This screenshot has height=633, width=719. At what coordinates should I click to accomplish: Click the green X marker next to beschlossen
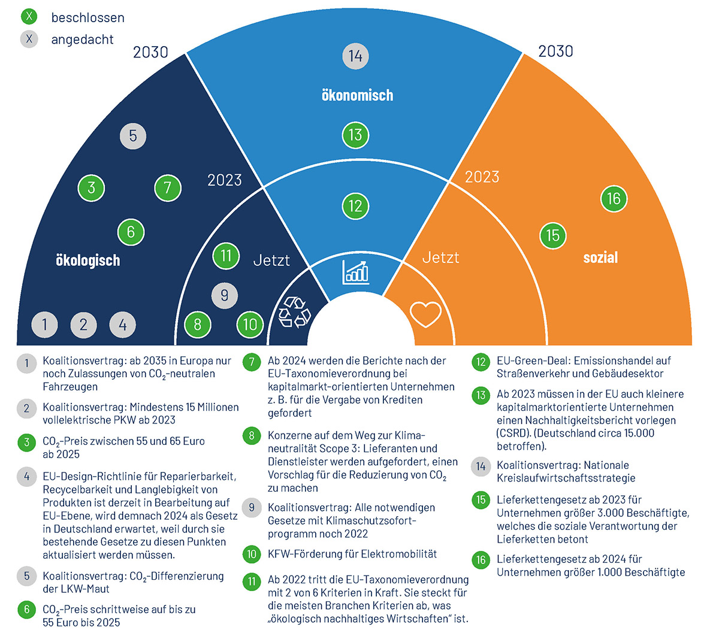[x=29, y=16]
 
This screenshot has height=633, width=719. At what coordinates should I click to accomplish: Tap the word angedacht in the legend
[x=82, y=40]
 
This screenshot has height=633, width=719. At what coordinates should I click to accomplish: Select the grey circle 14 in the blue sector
[x=355, y=56]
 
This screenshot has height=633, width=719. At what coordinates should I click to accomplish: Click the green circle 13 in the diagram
[x=355, y=135]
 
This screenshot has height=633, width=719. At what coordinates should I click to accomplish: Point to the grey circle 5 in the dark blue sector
[x=133, y=136]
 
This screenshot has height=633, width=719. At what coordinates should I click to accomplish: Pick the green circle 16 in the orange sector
[x=614, y=199]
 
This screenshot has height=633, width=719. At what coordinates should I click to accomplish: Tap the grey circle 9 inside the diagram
[x=224, y=295]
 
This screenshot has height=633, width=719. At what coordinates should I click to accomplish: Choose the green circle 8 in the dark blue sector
[x=198, y=325]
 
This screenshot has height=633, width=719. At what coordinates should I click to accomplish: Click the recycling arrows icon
[x=295, y=312]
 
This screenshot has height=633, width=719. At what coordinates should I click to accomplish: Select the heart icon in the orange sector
[x=425, y=314]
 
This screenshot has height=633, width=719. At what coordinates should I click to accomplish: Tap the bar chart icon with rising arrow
[x=355, y=272]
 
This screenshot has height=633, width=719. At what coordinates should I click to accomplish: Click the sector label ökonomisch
[x=357, y=95]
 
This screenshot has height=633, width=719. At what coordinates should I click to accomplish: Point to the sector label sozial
[x=600, y=258]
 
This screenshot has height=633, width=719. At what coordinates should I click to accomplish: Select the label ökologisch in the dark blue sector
[x=87, y=261]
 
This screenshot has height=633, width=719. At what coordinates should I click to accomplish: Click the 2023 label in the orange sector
[x=482, y=177]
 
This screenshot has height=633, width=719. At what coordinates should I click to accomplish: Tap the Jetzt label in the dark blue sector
[x=271, y=261]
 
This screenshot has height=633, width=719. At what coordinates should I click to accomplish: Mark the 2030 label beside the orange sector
[x=555, y=52]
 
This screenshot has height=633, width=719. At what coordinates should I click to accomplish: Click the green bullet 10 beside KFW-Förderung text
[x=252, y=554]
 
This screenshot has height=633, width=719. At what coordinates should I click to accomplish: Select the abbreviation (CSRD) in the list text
[x=513, y=433]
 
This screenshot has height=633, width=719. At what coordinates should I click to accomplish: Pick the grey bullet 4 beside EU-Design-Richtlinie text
[x=26, y=477]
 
